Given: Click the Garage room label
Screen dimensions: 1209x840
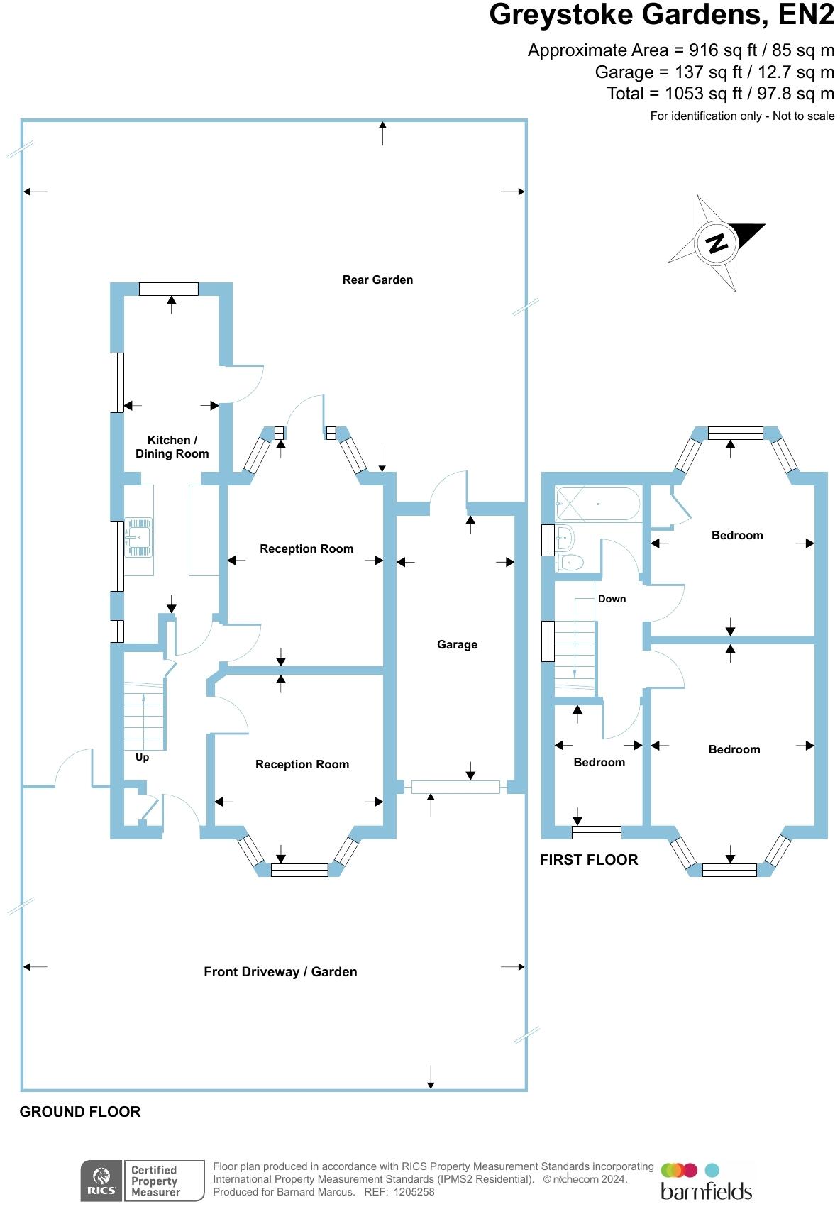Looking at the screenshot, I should click(457, 644).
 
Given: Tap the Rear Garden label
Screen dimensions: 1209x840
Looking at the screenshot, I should click(377, 280).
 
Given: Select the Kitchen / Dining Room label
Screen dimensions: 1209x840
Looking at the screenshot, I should click(172, 447).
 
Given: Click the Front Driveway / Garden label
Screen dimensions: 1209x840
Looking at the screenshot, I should click(280, 972).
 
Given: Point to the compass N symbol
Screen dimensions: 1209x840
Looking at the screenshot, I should click(717, 243).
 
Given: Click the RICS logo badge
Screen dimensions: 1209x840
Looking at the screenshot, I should click(101, 1181).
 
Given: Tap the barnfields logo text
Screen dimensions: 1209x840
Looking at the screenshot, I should click(705, 1190).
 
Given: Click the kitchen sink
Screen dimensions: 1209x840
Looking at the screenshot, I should click(138, 536).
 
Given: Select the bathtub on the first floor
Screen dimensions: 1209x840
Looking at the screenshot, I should click(598, 504).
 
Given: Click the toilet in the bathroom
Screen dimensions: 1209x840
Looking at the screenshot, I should click(571, 563).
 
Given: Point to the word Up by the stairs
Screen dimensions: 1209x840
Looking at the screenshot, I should click(142, 757).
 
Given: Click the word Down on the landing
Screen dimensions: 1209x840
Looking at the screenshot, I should click(612, 599).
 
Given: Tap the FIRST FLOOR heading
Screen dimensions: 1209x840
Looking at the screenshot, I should click(589, 860).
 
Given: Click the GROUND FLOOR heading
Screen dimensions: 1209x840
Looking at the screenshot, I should click(80, 1112).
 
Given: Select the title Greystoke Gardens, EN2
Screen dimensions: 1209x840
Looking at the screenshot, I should click(661, 15).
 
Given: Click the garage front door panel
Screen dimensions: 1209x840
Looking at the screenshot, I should click(455, 786).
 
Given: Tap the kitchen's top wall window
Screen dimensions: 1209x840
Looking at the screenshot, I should click(169, 289).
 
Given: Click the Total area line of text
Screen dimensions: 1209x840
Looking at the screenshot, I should click(720, 94).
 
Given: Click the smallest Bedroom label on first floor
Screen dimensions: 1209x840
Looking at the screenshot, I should click(599, 762).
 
